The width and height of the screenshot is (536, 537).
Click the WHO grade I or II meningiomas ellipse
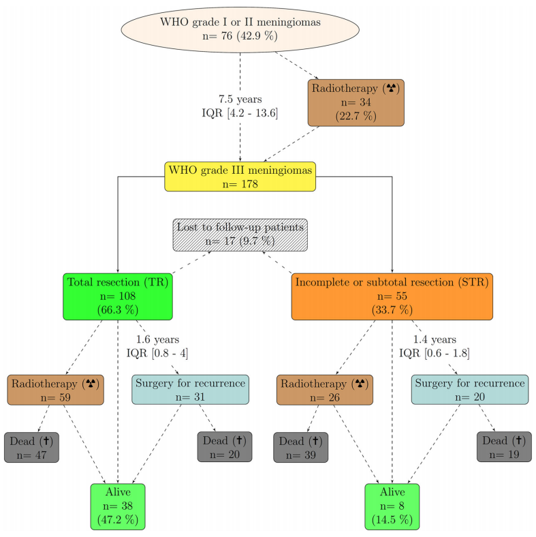240,29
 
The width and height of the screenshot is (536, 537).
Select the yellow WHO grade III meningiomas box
240,176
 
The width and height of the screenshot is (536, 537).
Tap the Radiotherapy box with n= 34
356,102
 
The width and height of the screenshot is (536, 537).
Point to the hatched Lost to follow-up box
239,234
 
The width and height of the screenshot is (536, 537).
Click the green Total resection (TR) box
118,296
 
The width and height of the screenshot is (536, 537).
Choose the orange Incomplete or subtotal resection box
392,296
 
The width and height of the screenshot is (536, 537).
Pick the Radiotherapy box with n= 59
55,390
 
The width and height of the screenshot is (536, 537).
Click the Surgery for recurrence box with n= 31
190,390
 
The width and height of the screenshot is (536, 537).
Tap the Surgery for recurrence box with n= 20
469,390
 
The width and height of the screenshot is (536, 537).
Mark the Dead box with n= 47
31,447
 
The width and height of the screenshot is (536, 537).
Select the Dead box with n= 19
504,447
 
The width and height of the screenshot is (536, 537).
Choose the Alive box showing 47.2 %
118,506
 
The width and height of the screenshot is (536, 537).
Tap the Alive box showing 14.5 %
392,506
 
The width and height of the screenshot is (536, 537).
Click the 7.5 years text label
240,99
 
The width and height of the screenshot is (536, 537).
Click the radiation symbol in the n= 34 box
391,88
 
